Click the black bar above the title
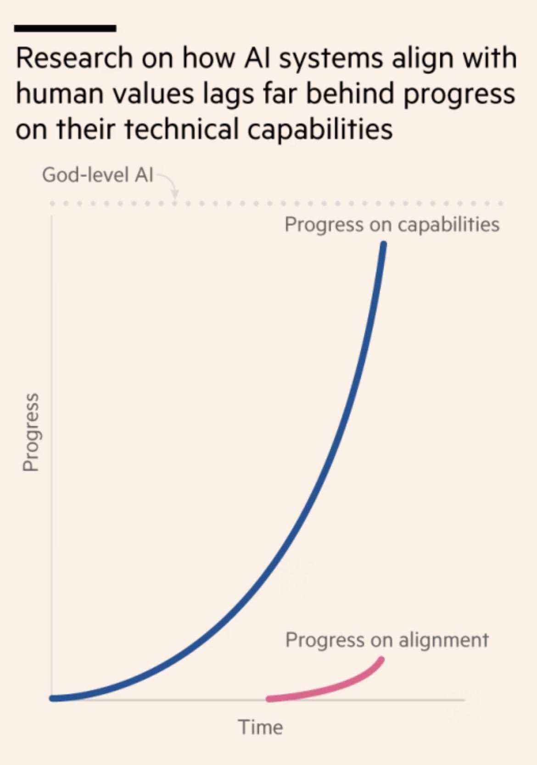tap(65, 28)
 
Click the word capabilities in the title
tap(320, 129)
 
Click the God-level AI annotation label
tap(97, 175)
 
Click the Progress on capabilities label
tap(392, 224)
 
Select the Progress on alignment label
tap(387, 640)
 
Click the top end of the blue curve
tap(384, 245)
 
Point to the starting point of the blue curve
tap(52, 698)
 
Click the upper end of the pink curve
tap(381, 660)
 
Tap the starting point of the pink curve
tap(269, 699)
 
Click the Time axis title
tap(260, 727)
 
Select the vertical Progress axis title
tap(31, 431)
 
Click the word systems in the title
tap(331, 59)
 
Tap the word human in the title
tap(59, 94)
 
